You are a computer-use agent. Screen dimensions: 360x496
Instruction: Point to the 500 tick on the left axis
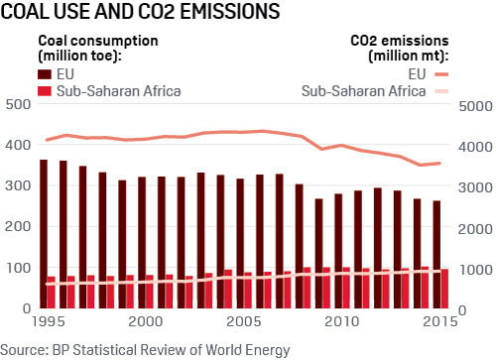(x=16, y=105)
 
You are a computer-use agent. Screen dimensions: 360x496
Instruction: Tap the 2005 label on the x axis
(x=242, y=322)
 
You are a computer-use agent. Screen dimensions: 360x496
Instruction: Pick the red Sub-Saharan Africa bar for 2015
(x=445, y=289)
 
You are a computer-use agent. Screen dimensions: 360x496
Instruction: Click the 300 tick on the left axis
(x=16, y=186)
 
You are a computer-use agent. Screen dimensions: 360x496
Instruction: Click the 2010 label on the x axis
(x=341, y=322)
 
